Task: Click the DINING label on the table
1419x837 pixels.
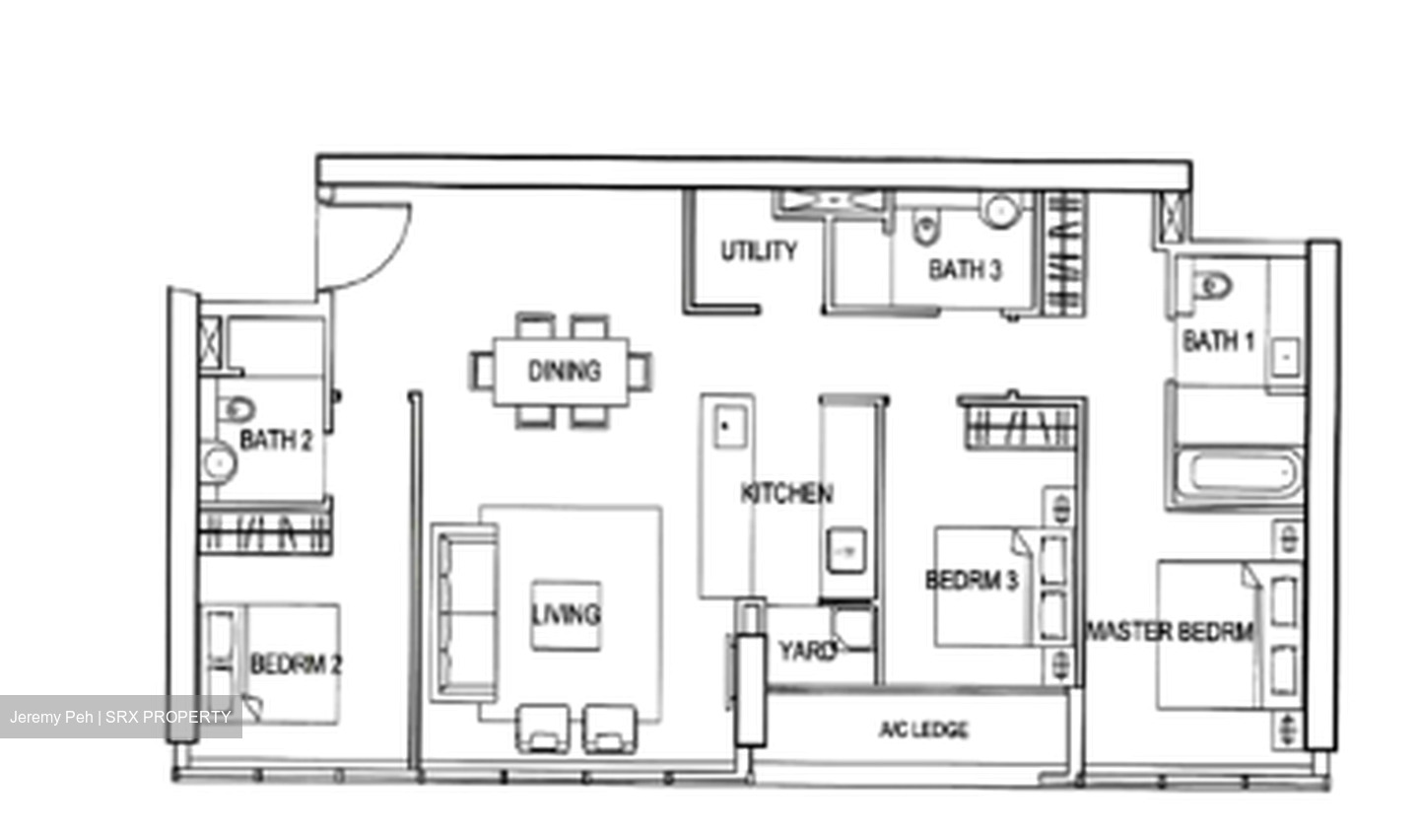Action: tap(564, 371)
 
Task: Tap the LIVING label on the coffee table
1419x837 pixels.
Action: tap(566, 614)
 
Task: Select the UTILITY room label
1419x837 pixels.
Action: tap(759, 251)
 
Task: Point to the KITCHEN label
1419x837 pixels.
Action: tap(786, 493)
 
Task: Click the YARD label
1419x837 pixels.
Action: tap(808, 651)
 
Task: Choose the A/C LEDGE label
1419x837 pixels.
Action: tap(923, 730)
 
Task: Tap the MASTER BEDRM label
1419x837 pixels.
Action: tap(1170, 632)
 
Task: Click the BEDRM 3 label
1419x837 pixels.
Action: tap(972, 580)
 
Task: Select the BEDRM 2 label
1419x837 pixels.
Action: tap(296, 664)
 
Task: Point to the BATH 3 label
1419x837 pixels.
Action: tap(965, 269)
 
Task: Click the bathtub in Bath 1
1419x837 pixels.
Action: tap(1237, 472)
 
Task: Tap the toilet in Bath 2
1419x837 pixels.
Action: tap(236, 409)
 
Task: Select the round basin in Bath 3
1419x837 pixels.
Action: tap(1000, 211)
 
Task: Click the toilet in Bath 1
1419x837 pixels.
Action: tap(1212, 286)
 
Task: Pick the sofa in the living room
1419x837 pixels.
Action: tap(464, 613)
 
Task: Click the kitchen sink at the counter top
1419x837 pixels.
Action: tap(730, 426)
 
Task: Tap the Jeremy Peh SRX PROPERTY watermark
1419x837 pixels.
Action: tap(120, 717)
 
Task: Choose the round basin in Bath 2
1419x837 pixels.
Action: tap(219, 462)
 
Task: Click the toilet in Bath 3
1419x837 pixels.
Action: tap(926, 228)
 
